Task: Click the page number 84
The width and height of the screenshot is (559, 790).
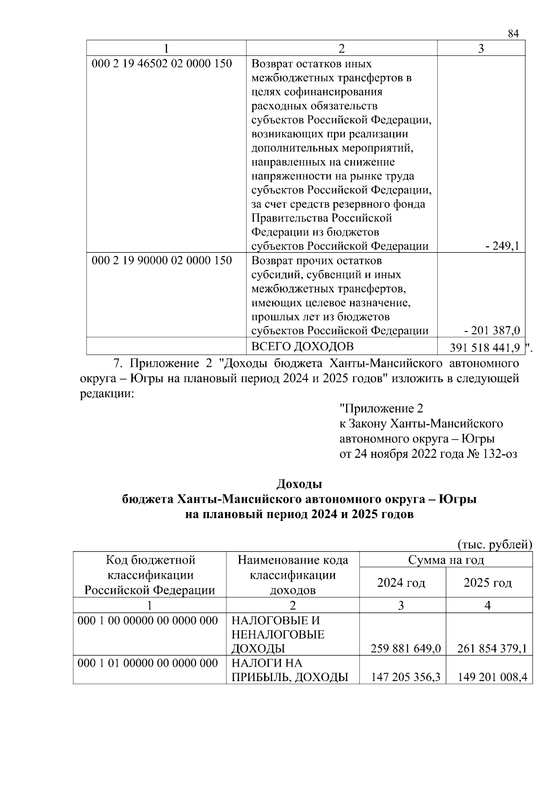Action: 513,34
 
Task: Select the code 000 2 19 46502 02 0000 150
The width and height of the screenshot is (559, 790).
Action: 162,63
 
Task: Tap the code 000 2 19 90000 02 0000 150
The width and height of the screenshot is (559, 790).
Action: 162,260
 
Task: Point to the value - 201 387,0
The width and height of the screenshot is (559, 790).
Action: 492,331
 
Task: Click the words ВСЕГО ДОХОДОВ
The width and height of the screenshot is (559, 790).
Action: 302,346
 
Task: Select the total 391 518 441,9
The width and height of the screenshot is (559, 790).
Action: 485,348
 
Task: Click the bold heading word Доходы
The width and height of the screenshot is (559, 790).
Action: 299,484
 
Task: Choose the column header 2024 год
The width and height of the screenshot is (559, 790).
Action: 401,582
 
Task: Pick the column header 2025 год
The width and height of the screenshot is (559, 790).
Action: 488,582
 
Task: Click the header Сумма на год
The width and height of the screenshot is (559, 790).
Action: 446,560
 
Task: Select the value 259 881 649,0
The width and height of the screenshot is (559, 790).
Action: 406,648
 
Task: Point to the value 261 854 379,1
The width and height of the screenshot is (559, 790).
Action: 492,648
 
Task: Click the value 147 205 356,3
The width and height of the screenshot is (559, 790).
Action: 406,677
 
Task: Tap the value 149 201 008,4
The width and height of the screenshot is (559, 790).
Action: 492,677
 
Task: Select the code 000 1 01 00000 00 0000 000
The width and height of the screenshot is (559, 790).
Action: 148,663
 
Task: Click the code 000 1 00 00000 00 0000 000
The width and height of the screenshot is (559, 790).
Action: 148,621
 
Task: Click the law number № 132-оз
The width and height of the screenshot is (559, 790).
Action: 491,454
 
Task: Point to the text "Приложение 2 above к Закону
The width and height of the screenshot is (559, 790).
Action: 381,409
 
